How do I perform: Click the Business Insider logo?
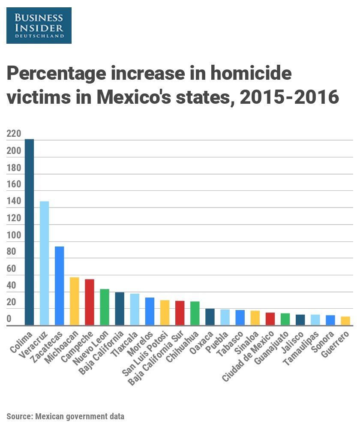click(x=39, y=25)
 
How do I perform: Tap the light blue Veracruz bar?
click(x=44, y=263)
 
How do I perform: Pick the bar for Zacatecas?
click(x=60, y=286)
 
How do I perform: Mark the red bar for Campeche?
click(x=90, y=302)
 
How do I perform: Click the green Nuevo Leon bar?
click(x=105, y=307)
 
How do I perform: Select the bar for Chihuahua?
click(x=195, y=313)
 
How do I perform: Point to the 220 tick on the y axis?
click(x=14, y=134)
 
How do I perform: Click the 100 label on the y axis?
click(x=14, y=235)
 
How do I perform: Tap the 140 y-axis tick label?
click(x=14, y=201)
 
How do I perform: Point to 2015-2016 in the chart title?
click(x=289, y=97)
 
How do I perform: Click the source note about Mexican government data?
click(x=65, y=416)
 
